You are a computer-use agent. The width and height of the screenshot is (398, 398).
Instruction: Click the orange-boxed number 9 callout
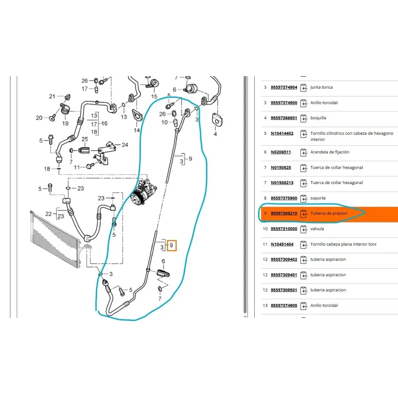(172, 245)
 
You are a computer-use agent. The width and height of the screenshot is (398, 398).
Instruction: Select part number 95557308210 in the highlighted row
(284, 213)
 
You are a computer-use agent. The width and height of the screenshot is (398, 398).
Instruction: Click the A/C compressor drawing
(143, 191)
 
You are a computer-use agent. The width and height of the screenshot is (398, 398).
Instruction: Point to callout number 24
(125, 145)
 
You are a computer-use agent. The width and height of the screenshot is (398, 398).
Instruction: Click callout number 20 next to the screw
(39, 118)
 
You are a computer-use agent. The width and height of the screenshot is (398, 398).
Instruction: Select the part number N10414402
(282, 133)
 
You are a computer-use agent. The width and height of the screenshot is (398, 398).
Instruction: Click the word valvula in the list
(317, 229)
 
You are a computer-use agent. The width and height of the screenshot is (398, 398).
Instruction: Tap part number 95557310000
(284, 229)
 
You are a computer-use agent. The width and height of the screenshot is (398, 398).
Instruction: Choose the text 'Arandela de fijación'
(329, 152)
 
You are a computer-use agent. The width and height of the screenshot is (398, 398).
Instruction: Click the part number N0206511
(281, 152)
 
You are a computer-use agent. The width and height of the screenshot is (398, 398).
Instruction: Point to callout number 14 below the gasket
(137, 130)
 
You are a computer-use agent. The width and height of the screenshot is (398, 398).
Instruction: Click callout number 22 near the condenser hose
(48, 214)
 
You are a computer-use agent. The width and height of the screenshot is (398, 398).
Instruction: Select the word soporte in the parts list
(318, 198)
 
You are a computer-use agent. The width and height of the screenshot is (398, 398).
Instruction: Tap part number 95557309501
(284, 290)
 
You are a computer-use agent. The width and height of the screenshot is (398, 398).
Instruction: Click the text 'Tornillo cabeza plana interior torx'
(343, 244)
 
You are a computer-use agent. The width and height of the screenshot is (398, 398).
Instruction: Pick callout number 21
(52, 97)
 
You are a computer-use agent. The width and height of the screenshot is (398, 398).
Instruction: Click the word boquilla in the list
(318, 118)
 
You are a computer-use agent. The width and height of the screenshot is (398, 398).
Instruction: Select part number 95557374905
(284, 305)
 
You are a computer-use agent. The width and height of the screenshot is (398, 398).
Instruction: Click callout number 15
(154, 97)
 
